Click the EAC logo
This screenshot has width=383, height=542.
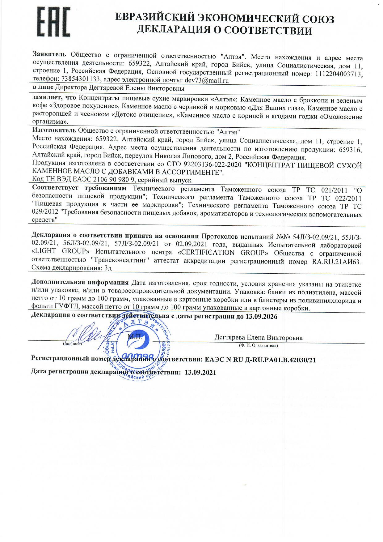53,22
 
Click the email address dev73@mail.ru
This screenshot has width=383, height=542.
207,80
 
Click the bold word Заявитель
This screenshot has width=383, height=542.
49,55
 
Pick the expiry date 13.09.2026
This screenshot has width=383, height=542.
261,317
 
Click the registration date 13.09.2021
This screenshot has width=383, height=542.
200,372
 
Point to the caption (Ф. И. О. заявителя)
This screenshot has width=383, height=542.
258,345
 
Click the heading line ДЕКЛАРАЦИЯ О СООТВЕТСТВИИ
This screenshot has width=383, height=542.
225,30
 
